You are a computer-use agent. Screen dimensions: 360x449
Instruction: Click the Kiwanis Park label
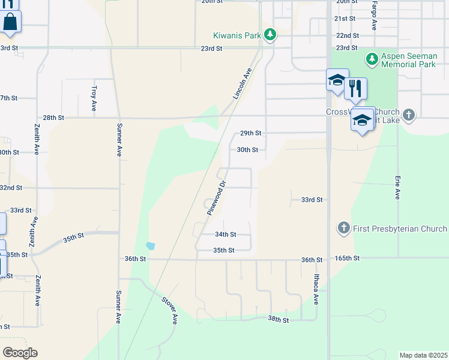pos(237,35)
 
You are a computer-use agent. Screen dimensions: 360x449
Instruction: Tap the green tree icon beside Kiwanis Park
pos(271,35)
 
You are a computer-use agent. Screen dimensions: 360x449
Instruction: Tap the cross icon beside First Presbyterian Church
pos(343,228)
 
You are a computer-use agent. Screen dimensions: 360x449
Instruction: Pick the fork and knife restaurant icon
pos(355,89)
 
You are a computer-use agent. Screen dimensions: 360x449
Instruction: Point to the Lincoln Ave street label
pos(242,83)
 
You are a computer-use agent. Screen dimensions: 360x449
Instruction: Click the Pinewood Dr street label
pos(216,198)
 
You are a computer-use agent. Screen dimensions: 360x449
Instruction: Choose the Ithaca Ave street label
pos(316,289)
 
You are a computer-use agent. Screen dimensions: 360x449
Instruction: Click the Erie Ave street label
pos(397,187)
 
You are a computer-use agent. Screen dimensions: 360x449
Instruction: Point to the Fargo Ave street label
pos(374,16)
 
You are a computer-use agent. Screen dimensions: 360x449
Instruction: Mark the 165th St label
pos(348,258)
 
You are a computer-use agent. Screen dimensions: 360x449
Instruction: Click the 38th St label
pos(279,320)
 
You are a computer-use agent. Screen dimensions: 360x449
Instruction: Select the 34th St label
pos(225,235)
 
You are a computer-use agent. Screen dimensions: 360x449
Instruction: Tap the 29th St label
pos(250,133)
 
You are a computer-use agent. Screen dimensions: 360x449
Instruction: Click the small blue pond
pos(150,246)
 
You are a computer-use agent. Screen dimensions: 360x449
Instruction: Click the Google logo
pos(20,353)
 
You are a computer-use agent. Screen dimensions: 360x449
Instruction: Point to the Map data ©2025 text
pos(423,355)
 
